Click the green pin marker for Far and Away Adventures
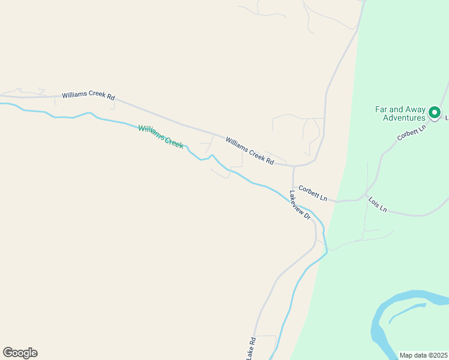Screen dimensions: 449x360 click(433, 112)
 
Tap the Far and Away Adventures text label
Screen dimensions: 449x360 click(400, 113)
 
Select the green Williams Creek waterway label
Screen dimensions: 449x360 click(160, 136)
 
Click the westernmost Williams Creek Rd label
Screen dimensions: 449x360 click(88, 96)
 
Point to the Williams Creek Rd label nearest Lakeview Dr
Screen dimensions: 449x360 click(250, 151)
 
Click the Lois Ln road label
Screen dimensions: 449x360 click(378, 205)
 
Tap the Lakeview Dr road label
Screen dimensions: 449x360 click(300, 205)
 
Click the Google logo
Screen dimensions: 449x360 click(20, 353)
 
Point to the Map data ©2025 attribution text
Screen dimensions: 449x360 click(423, 355)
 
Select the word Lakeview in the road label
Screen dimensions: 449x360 click(298, 202)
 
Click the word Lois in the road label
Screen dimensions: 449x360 click(373, 202)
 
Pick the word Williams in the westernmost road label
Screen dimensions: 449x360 click(76, 95)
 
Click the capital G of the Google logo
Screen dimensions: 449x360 click(8, 353)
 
